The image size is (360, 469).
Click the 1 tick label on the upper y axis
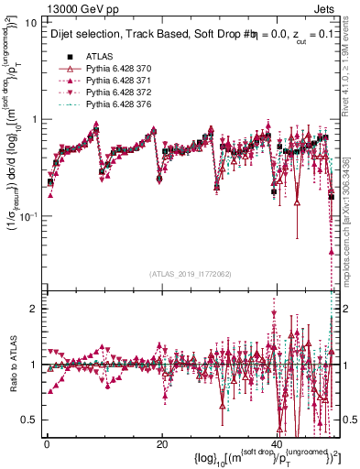coord(33,120)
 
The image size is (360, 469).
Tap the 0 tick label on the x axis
coord(46,444)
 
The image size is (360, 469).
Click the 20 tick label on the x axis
coord(161,444)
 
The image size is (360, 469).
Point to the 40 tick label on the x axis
coord(276,444)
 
